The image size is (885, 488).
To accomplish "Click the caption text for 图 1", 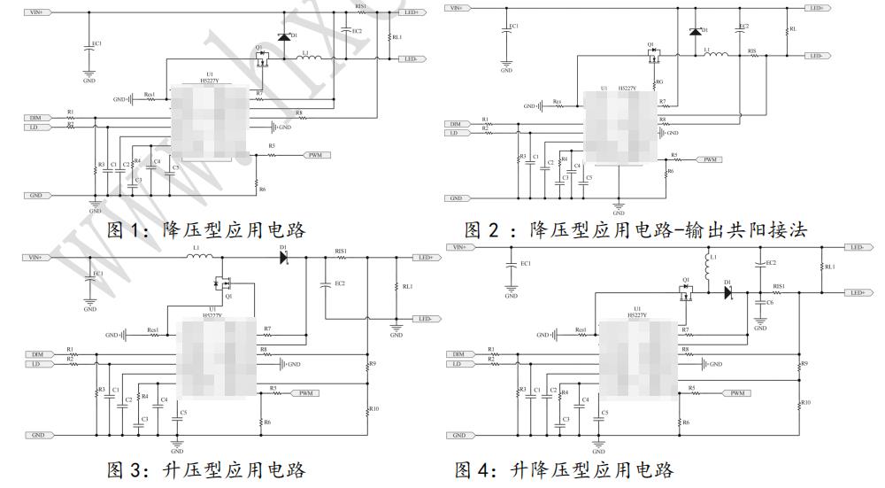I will tap(205, 229).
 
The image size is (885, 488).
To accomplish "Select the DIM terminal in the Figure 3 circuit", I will tap(40, 353).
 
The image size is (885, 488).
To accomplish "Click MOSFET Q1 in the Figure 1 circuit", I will tap(261, 59).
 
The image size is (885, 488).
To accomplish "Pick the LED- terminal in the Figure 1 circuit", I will tap(411, 58).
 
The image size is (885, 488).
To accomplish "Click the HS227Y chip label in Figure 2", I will tap(627, 89).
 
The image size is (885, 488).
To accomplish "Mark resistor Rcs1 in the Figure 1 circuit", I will tap(150, 99).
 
